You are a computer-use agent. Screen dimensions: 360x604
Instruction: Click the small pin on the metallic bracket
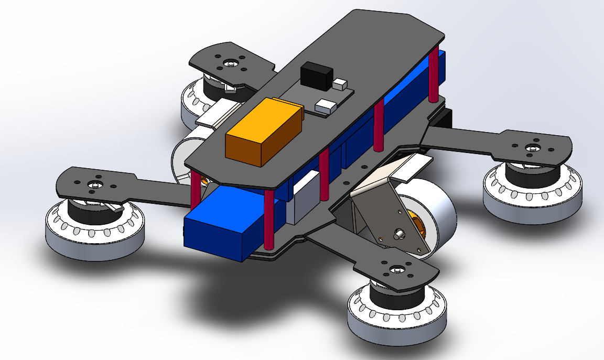pos(399,233)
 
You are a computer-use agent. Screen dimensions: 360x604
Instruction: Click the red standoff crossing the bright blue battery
pos(269,220)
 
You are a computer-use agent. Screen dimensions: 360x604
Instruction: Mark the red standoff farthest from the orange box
pos(434,73)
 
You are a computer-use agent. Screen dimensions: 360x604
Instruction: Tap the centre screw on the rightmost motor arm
pos(533,148)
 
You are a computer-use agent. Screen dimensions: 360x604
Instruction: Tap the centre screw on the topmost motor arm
pos(231,63)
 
